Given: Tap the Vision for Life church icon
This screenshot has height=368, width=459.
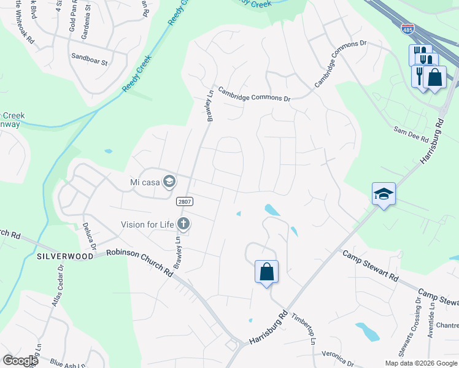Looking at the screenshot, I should [x=183, y=224].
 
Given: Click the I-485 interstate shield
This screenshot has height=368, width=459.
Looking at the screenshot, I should [x=406, y=28].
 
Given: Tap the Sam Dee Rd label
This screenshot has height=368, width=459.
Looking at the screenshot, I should [x=411, y=131].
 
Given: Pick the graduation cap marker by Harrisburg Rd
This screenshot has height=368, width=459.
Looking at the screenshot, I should [x=384, y=194].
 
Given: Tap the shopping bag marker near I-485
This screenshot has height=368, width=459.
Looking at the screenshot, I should [x=435, y=77].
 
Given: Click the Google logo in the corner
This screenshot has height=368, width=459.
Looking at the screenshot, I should [x=20, y=361].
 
